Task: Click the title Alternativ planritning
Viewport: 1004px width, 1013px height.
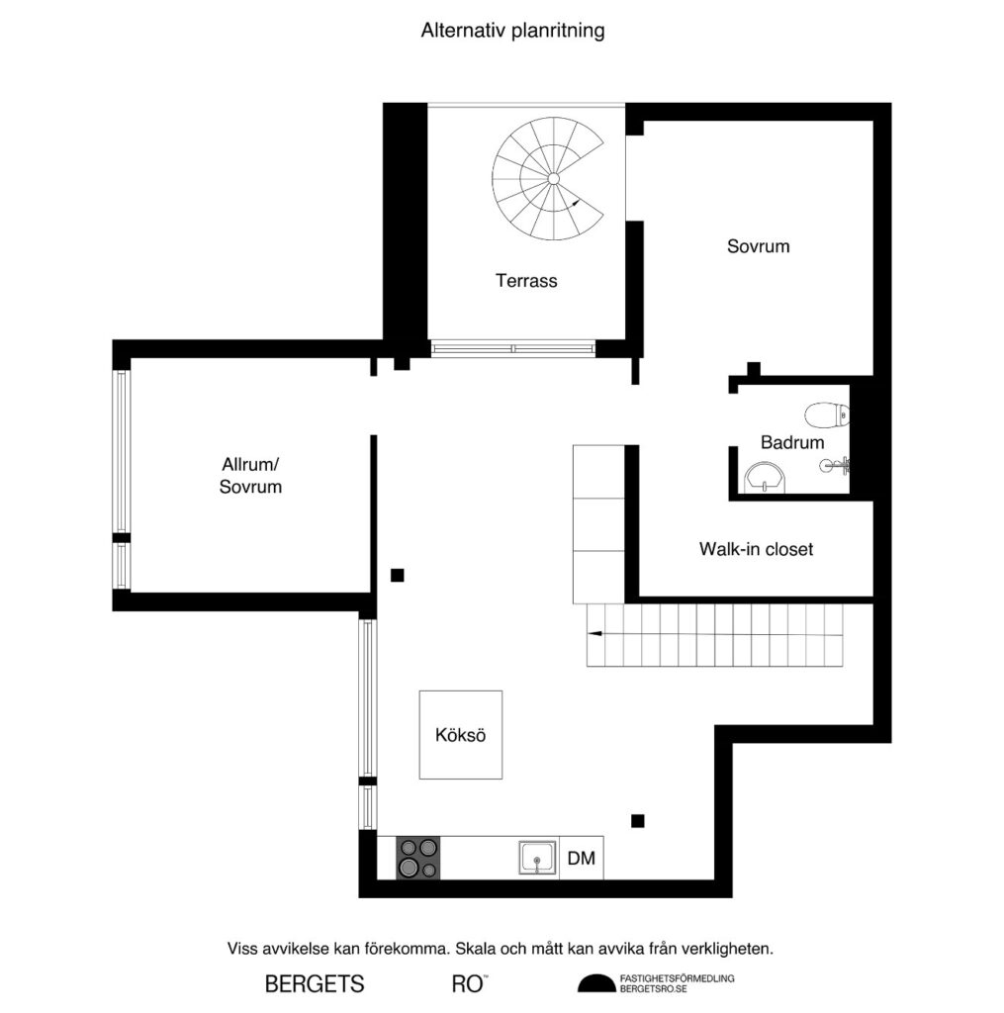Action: (512, 31)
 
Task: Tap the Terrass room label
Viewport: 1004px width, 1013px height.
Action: (526, 281)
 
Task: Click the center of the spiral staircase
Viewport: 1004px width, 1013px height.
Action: (553, 178)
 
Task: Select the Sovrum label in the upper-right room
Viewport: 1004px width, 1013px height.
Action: (758, 246)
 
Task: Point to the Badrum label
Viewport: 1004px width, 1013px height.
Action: (791, 442)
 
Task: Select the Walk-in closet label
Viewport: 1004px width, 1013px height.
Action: (756, 548)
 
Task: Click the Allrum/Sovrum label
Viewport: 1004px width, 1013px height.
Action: (250, 475)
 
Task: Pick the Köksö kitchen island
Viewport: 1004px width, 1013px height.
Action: (460, 735)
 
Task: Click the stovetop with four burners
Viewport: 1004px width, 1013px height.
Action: (417, 857)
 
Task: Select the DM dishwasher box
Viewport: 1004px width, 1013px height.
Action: (582, 858)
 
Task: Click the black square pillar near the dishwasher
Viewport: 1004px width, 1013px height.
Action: (638, 819)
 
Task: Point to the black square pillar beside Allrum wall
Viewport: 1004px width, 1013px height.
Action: (397, 575)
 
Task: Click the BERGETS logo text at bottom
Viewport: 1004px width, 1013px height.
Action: (315, 984)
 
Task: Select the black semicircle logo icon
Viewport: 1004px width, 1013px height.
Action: (595, 983)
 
